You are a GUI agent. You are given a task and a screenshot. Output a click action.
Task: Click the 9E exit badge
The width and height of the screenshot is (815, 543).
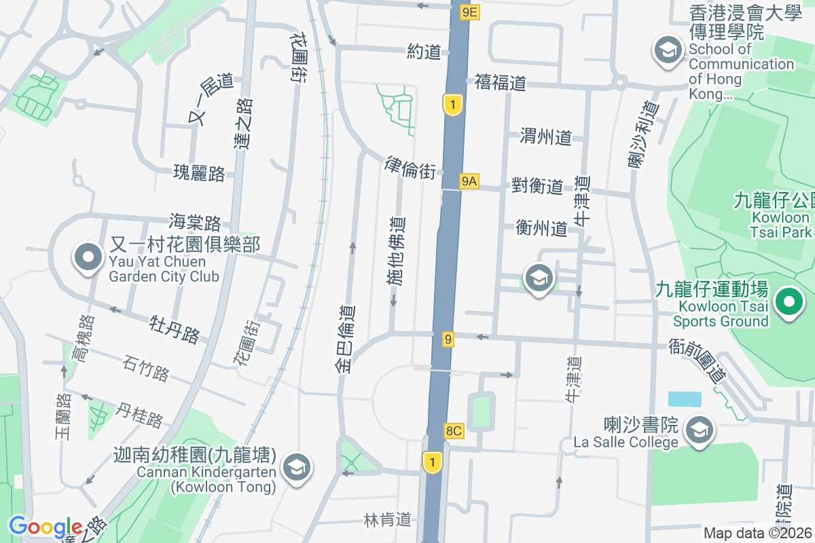pyautogui.click(x=470, y=12)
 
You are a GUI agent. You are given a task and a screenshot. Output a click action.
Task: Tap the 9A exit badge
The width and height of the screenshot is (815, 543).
pyautogui.click(x=469, y=181)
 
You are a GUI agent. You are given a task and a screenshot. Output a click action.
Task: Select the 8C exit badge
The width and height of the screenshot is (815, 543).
pyautogui.click(x=454, y=430)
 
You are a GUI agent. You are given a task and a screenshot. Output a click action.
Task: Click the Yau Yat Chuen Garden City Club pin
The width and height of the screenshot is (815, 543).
pyautogui.click(x=88, y=258)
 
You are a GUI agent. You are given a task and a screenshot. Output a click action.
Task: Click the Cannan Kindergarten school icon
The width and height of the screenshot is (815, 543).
pyautogui.click(x=296, y=468)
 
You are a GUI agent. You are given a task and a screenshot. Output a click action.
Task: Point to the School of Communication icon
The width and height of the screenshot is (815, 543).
pyautogui.click(x=668, y=51)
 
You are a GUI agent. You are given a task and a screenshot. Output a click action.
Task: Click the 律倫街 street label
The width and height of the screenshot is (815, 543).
pyautogui.click(x=410, y=168)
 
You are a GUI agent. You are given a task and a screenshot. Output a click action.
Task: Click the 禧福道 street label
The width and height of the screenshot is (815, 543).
pyautogui.click(x=501, y=83)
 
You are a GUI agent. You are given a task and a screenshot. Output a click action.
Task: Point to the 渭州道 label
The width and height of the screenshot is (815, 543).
pyautogui.click(x=545, y=136)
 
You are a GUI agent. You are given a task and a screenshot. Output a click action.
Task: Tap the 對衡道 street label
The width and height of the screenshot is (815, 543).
pyautogui.click(x=537, y=186)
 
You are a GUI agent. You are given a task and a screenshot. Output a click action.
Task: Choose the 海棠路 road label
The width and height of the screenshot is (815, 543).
pyautogui.click(x=196, y=222)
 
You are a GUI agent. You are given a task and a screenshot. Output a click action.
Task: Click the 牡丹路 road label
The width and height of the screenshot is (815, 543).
pyautogui.click(x=175, y=329)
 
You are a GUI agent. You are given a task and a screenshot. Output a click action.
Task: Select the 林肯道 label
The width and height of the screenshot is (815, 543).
pyautogui.click(x=388, y=520)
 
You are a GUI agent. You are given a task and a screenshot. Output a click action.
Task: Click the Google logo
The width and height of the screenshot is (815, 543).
pyautogui.click(x=46, y=527)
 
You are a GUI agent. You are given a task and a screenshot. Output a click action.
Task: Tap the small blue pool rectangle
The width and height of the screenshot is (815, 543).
pyautogui.click(x=685, y=399)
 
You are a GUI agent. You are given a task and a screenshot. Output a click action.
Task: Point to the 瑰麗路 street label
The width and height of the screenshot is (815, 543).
pyautogui.click(x=199, y=173)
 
